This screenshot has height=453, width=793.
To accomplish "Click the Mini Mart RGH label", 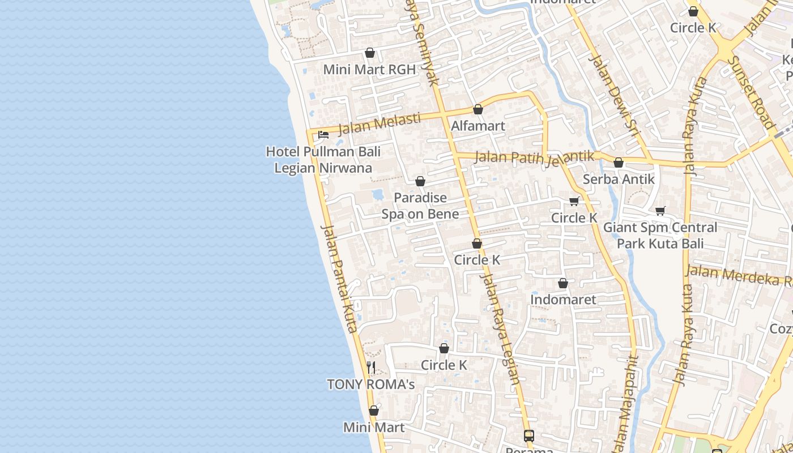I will (x=369, y=70).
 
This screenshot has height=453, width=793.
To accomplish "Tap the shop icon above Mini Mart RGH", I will (x=370, y=53).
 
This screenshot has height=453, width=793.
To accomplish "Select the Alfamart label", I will (x=477, y=126).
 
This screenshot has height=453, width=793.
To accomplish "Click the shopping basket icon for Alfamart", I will (x=478, y=109).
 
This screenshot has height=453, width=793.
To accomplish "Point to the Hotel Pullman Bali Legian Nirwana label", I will (x=323, y=160).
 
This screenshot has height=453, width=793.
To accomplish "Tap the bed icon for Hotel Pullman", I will (x=323, y=135).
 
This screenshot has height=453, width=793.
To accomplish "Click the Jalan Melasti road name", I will (x=379, y=124).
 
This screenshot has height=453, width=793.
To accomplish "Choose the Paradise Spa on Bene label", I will (x=420, y=206).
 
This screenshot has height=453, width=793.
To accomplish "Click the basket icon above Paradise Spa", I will (x=420, y=181).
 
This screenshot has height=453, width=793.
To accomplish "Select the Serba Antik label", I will (x=619, y=179).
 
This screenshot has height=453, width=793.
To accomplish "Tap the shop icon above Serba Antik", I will (x=619, y=163).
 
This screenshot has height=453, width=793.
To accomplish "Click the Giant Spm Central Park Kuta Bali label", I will (x=660, y=236).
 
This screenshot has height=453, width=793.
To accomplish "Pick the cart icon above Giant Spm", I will (x=660, y=211).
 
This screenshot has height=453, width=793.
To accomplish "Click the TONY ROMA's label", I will (x=371, y=384).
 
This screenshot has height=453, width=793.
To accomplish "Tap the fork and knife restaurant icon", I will (x=371, y=367).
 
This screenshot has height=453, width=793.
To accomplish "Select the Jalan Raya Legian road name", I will (x=501, y=329).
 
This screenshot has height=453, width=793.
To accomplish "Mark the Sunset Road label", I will (x=752, y=92).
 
